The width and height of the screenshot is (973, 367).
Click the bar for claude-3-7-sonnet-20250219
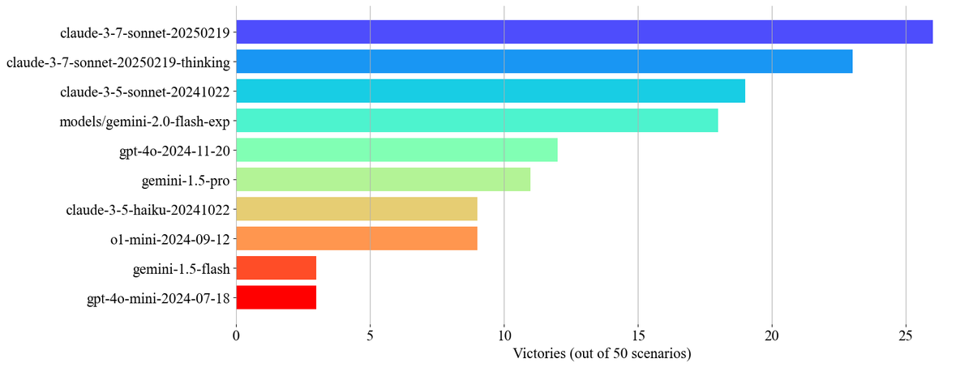[584, 32]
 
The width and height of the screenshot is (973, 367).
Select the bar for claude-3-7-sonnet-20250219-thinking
[544, 62]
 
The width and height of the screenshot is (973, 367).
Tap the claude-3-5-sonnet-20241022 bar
[491, 92]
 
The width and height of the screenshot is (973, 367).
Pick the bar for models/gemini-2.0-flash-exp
[477, 121]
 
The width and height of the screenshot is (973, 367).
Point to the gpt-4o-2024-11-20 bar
[396, 150]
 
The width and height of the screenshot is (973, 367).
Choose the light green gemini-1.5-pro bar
[383, 179]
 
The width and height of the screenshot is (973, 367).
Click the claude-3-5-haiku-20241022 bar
[356, 209]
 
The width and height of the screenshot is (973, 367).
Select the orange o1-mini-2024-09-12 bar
[356, 238]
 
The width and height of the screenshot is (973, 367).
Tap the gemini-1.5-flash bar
[276, 268]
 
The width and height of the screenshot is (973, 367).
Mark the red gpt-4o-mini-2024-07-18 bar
[276, 297]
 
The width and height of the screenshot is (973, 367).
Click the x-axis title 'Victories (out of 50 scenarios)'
[601, 353]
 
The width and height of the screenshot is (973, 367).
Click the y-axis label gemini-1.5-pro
[185, 180]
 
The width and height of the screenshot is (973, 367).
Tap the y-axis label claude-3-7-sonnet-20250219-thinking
[118, 62]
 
